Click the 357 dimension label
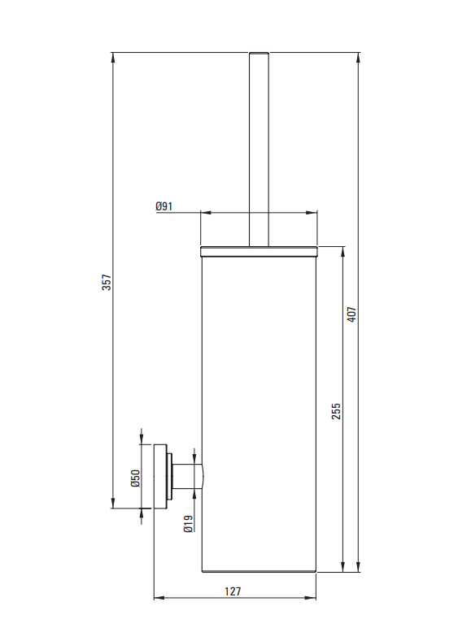[x=107, y=282]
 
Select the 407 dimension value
[x=351, y=314]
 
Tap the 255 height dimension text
[x=335, y=411]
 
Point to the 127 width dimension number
[x=233, y=591]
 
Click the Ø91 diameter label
[x=164, y=206]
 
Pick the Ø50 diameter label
[x=135, y=478]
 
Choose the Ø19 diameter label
[x=189, y=524]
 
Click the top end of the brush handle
[x=259, y=54]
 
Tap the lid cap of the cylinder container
[x=259, y=251]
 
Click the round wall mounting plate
[x=160, y=477]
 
